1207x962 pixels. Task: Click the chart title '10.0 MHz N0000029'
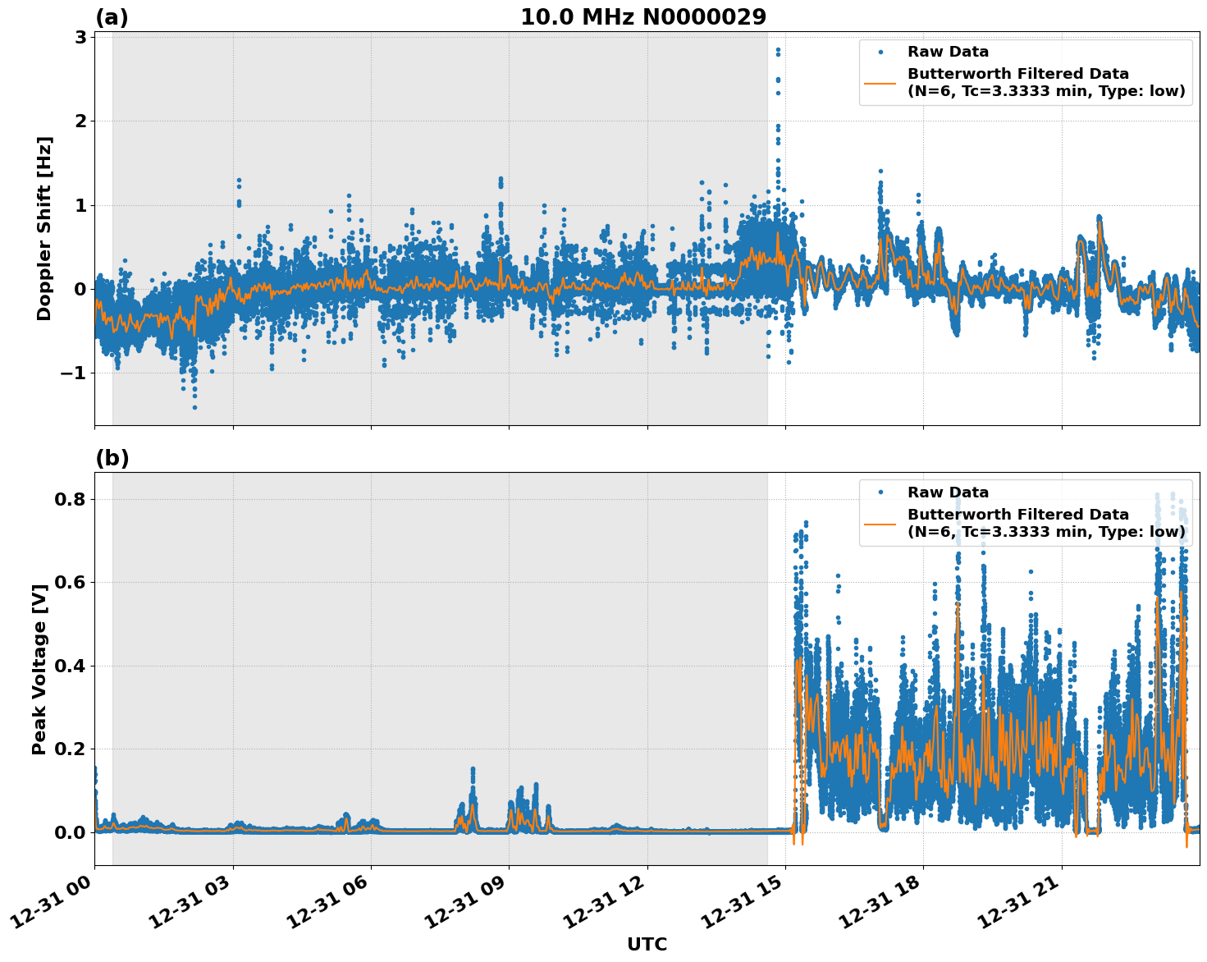643,17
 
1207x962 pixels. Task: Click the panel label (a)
112,17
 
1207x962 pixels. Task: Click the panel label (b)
112,458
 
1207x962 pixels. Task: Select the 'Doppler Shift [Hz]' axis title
44,228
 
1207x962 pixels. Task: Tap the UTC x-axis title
647,944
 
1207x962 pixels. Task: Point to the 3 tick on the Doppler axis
80,38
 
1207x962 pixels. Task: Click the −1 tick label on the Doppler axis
73,373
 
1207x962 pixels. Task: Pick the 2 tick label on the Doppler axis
80,121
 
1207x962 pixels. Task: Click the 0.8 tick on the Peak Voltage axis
71,499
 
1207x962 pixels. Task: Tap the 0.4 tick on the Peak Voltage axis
71,666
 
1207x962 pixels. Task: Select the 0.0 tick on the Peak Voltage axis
71,832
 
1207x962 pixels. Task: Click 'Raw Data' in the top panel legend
948,53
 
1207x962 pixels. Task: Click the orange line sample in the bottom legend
880,524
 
